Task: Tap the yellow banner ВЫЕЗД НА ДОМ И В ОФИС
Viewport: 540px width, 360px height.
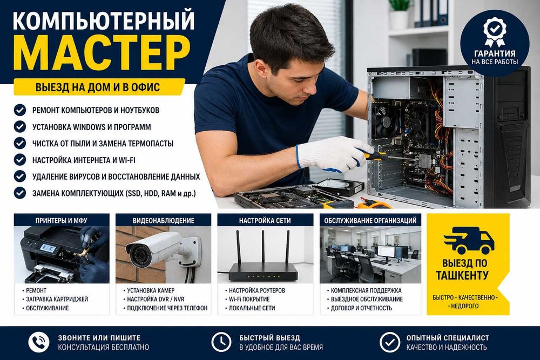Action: coord(99,87)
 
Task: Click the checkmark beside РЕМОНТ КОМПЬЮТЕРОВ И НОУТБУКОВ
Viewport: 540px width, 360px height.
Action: coord(20,110)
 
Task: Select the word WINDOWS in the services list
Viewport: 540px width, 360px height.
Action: coord(92,127)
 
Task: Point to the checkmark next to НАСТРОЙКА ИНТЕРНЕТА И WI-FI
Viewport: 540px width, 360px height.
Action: coord(20,160)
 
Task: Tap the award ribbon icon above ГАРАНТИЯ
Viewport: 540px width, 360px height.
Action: coord(495,31)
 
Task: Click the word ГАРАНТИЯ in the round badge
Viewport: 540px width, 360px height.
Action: coord(495,53)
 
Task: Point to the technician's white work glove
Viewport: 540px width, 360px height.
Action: coord(332,154)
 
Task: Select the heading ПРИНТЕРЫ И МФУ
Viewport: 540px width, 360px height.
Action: coord(62,221)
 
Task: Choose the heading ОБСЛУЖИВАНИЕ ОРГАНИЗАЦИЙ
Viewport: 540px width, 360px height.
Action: coord(370,221)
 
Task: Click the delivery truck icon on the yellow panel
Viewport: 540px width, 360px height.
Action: coord(469,240)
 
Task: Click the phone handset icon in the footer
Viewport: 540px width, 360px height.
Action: coord(38,342)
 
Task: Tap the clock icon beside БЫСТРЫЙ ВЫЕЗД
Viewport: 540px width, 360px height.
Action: coord(221,342)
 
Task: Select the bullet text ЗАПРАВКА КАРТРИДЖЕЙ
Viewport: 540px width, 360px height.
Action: coord(57,299)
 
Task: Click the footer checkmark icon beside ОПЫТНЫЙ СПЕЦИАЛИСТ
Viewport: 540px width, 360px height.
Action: coord(389,342)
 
